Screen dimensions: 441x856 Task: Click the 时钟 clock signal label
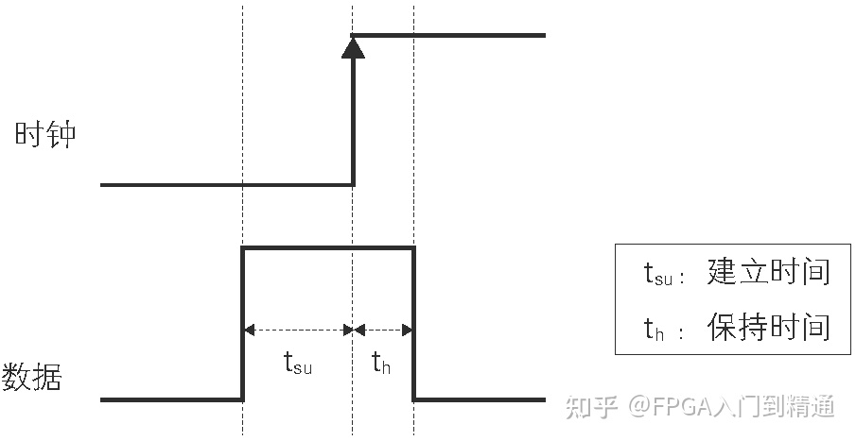44,135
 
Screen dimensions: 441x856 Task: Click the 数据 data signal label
32,376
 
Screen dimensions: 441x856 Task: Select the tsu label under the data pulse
298,364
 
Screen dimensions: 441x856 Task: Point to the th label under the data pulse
380,364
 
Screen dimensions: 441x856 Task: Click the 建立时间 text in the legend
768,272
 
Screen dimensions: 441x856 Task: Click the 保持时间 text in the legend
768,327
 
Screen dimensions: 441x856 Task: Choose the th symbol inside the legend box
655,329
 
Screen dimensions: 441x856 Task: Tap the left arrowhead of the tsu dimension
250,330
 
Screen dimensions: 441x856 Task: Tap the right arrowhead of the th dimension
408,330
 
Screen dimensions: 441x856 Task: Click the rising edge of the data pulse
243,321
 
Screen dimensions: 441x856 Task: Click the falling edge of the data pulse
414,321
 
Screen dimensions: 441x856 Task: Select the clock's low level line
227,185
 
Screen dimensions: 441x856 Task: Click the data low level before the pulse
170,399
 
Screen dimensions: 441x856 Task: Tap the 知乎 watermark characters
591,407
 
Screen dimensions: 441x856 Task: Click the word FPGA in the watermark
683,407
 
